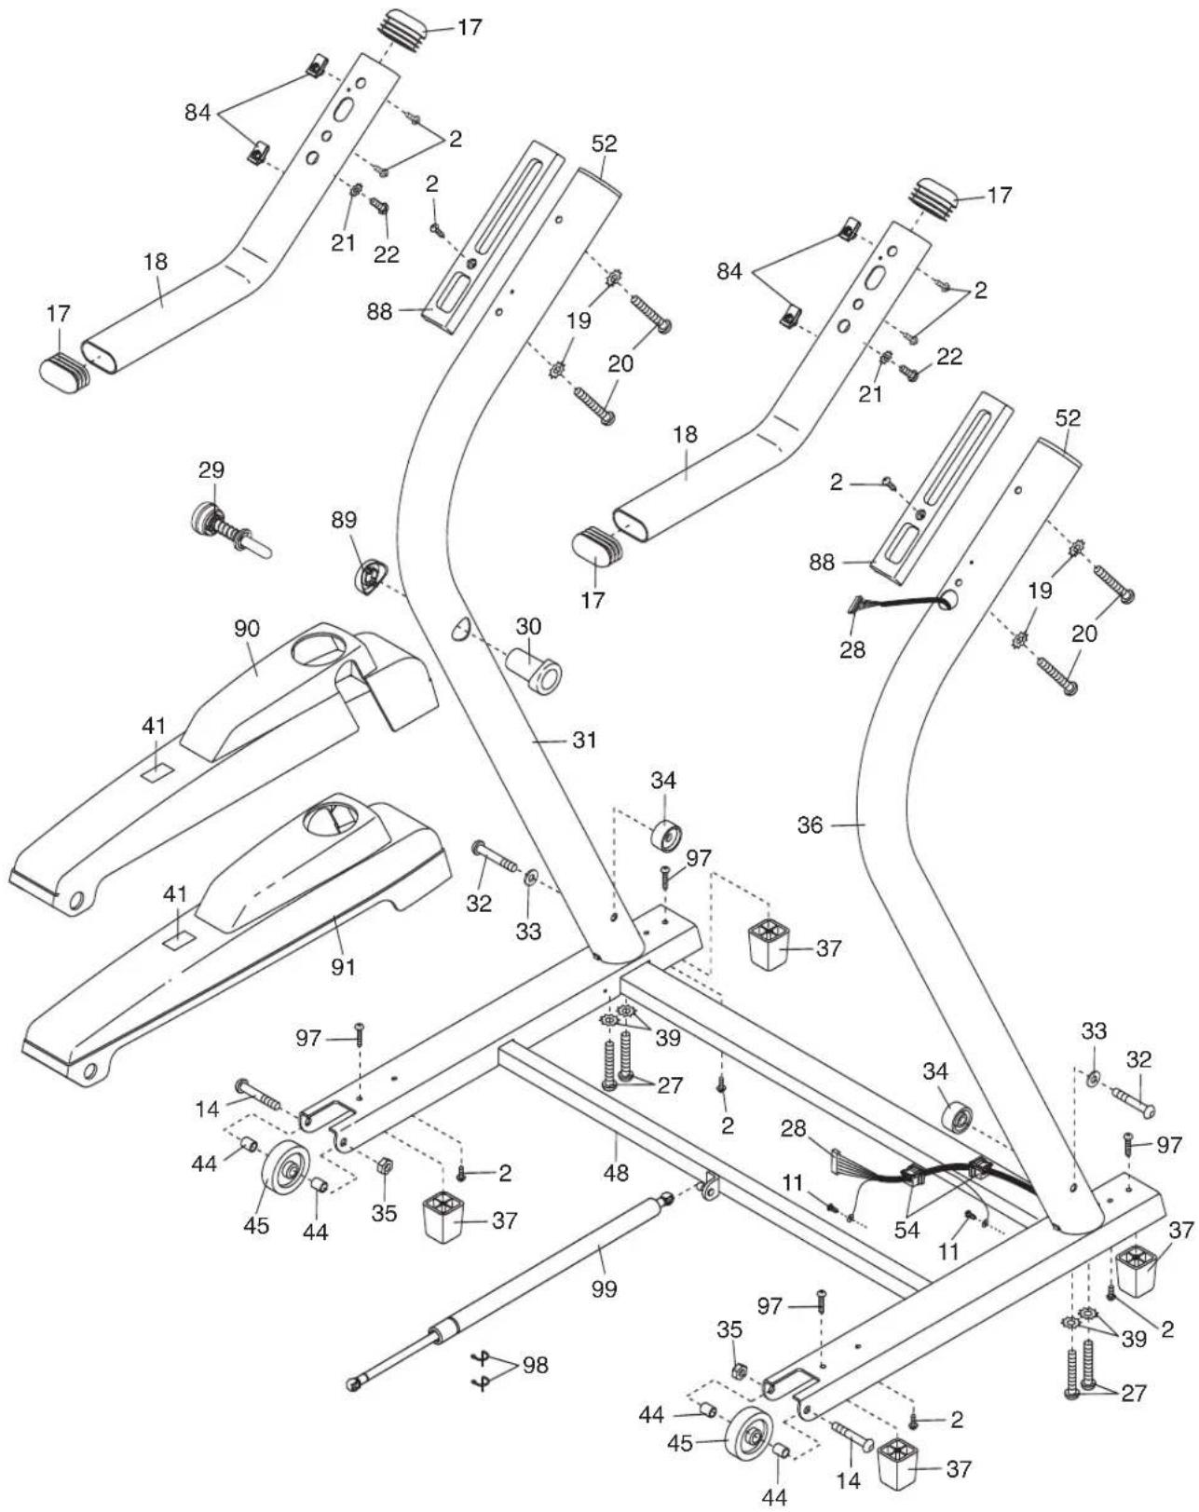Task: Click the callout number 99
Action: click(604, 1289)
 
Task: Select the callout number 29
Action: click(212, 470)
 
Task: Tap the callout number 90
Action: click(246, 629)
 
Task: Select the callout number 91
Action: click(344, 967)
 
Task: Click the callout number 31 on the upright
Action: click(583, 741)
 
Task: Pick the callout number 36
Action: click(811, 824)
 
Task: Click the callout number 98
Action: click(535, 1366)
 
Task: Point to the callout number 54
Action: click(906, 1231)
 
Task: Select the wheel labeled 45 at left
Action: click(285, 1167)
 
